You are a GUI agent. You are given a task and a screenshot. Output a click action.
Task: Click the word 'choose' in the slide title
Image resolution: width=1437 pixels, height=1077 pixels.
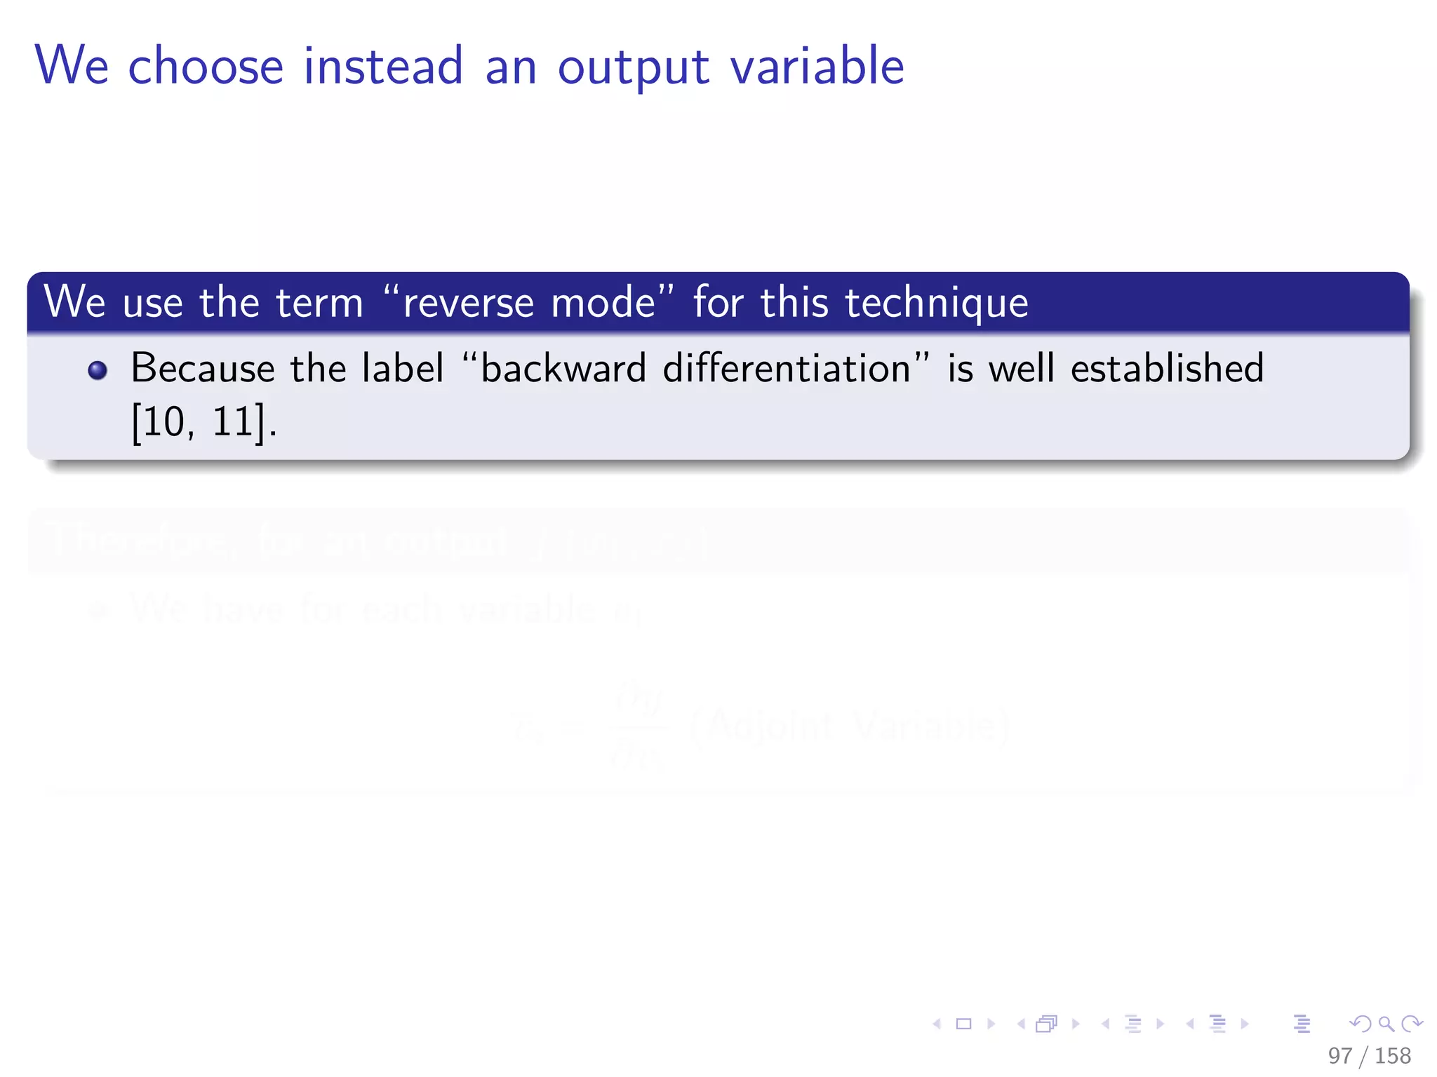coord(206,66)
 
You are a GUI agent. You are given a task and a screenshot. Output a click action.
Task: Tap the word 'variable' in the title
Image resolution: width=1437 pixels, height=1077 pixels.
coord(817,66)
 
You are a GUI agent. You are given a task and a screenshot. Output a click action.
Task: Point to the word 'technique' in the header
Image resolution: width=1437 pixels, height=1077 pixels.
coord(936,304)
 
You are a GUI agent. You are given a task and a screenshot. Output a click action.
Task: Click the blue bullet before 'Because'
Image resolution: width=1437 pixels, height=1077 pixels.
coord(98,370)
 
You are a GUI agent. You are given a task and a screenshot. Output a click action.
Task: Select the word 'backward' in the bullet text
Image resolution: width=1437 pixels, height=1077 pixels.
coord(563,369)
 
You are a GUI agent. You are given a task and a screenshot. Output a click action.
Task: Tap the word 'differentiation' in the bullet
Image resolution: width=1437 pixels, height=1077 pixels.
coord(787,369)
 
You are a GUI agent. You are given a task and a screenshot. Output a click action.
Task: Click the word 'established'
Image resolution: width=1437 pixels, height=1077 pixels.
coord(1167,369)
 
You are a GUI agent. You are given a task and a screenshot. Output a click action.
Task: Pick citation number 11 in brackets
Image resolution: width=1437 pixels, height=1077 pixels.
coord(232,422)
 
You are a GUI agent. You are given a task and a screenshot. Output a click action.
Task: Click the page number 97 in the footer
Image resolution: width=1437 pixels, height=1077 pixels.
coord(1339,1055)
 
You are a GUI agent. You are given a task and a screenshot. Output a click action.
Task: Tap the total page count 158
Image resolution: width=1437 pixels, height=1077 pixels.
coord(1393,1055)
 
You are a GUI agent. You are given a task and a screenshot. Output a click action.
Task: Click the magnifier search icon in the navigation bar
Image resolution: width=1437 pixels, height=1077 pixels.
coord(1386,1024)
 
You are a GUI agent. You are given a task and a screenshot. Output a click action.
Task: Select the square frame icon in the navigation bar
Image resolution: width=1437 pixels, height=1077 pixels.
coord(964,1024)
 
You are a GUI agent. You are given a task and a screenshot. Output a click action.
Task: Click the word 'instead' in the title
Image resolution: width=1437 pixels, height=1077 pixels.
coord(383,66)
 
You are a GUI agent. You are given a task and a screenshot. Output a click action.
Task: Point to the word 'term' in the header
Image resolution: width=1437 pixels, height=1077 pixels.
coord(319,304)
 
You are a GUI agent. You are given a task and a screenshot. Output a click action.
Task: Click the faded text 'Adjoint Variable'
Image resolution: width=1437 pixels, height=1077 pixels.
coord(849,726)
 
